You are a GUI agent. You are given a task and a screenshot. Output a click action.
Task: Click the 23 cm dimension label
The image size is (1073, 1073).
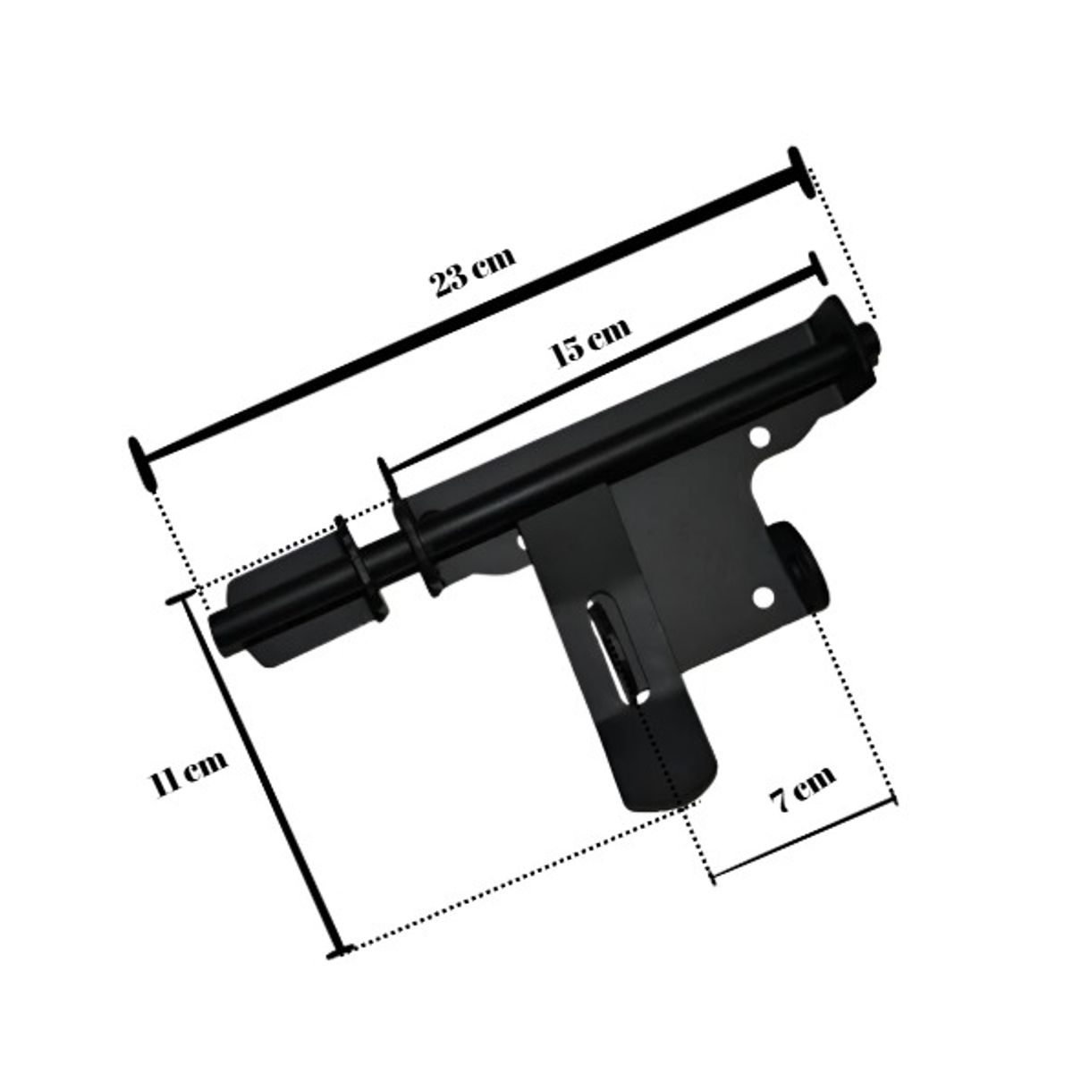[x=473, y=273]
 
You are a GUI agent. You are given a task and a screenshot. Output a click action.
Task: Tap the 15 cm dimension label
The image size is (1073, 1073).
[x=591, y=341]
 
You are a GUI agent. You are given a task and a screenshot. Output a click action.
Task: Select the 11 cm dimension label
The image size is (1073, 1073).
[x=190, y=774]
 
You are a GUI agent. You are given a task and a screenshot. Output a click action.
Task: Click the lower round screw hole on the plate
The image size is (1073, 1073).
[x=764, y=597]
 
